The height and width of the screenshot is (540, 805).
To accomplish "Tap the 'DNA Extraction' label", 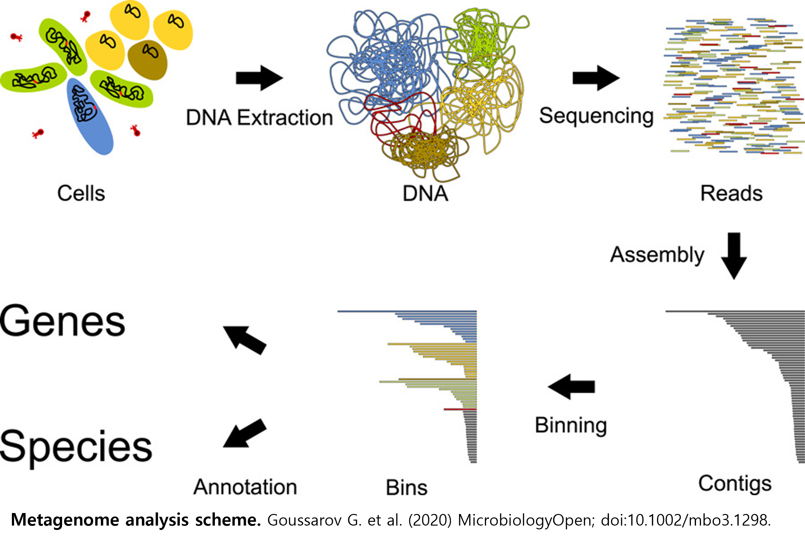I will (259, 118).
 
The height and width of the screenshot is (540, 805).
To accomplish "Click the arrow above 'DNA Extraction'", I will (259, 78).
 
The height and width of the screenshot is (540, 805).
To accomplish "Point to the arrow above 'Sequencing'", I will (596, 78).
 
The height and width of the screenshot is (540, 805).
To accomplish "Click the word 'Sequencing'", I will (596, 116).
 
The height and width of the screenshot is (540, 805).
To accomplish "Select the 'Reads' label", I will (731, 193).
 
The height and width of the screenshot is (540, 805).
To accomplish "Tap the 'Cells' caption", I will (81, 193).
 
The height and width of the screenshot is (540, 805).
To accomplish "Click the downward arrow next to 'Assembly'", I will (734, 256).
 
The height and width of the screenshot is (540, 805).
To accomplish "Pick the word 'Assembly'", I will (657, 255).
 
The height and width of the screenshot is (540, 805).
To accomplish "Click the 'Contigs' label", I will (735, 484).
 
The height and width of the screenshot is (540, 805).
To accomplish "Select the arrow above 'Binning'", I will (571, 387).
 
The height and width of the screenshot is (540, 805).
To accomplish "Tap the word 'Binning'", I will (571, 425).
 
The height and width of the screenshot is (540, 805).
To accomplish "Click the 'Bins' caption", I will (407, 487).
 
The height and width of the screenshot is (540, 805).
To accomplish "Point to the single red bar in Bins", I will (460, 410).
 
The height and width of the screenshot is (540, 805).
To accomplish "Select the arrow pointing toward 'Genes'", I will (245, 340).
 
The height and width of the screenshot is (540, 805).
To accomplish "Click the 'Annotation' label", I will (245, 487).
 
